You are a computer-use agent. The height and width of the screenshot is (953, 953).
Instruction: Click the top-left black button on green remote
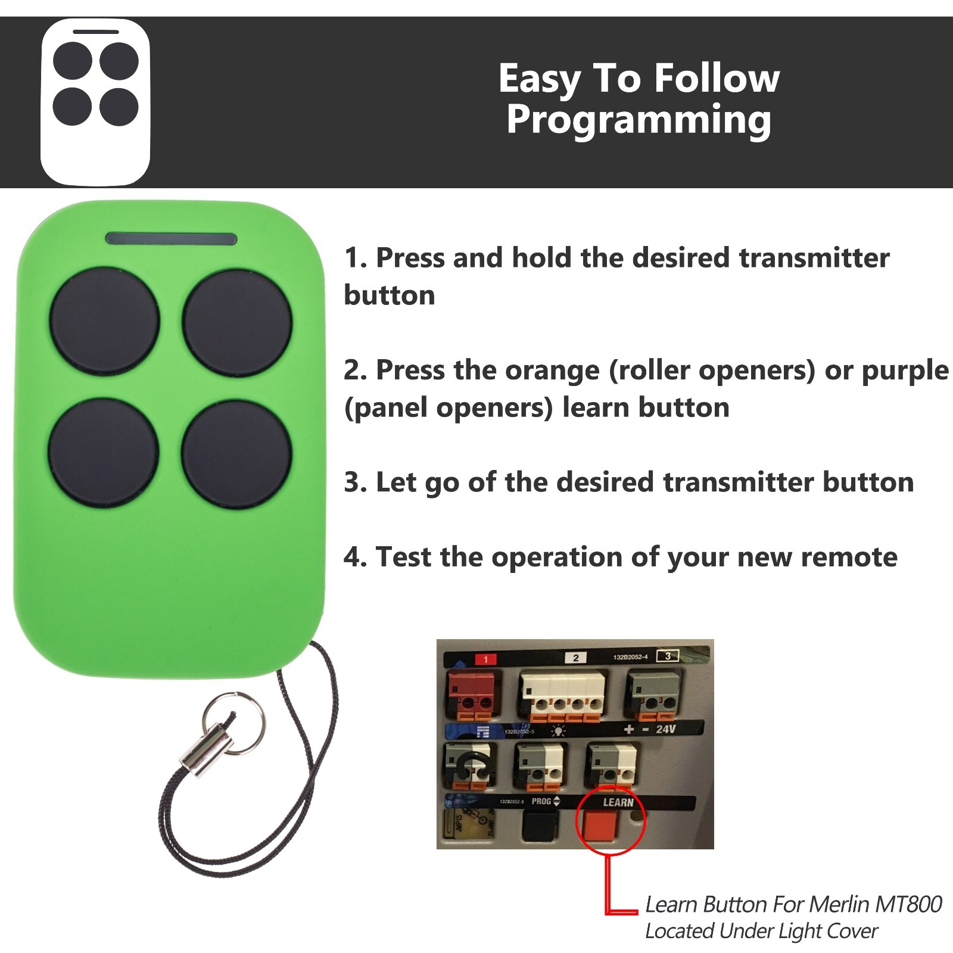[x=104, y=322]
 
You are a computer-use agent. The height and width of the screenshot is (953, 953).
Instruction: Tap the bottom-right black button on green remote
[x=236, y=454]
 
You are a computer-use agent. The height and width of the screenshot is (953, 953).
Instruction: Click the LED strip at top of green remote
[x=171, y=239]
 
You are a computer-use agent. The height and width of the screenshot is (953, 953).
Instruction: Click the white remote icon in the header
[x=95, y=101]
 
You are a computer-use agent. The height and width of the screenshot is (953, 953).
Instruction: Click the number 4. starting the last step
[x=356, y=558]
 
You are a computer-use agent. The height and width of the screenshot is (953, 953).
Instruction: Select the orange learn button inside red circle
[x=600, y=826]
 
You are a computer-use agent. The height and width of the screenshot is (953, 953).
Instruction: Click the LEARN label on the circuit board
[x=618, y=802]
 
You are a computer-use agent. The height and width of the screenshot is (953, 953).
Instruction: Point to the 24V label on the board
[x=665, y=729]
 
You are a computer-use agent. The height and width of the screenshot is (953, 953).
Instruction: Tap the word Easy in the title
[x=538, y=79]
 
